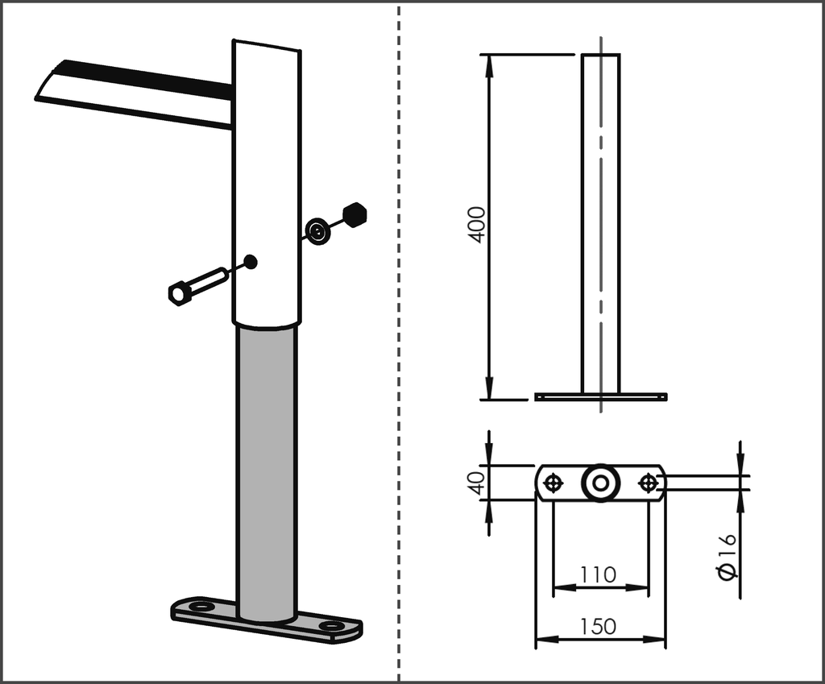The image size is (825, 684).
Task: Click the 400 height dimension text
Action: [477, 225]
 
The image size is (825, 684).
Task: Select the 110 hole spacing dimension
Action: [598, 574]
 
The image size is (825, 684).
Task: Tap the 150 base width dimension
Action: [598, 626]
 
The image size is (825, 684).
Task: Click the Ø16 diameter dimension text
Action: [726, 556]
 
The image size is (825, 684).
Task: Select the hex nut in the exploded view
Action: [354, 213]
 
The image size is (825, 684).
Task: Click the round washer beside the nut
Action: [319, 232]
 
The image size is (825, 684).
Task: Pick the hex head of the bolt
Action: [179, 293]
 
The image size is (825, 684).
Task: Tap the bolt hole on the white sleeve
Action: [251, 261]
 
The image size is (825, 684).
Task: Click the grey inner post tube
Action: [267, 467]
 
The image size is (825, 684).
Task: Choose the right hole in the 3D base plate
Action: [330, 625]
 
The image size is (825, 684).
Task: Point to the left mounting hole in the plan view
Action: [553, 483]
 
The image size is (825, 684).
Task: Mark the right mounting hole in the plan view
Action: [648, 483]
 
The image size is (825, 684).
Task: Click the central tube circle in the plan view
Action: [599, 483]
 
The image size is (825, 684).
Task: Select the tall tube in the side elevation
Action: [600, 226]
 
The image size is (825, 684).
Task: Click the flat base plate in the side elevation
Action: [600, 397]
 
